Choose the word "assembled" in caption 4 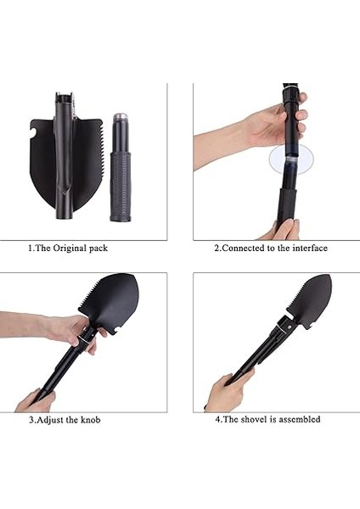pyautogui.click(x=301, y=420)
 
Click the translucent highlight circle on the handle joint pyautogui.click(x=290, y=159)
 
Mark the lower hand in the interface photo pyautogui.click(x=285, y=229)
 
